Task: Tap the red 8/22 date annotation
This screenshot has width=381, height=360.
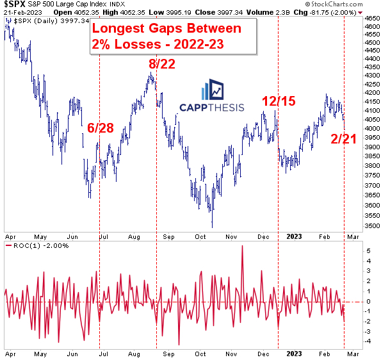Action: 161,64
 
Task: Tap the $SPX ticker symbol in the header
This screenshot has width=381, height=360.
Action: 12,4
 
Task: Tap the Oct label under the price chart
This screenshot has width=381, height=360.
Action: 200,236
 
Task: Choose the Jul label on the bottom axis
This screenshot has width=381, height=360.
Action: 105,352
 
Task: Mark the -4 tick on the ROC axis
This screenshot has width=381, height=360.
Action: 368,341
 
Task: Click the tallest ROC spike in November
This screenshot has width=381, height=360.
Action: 242,247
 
